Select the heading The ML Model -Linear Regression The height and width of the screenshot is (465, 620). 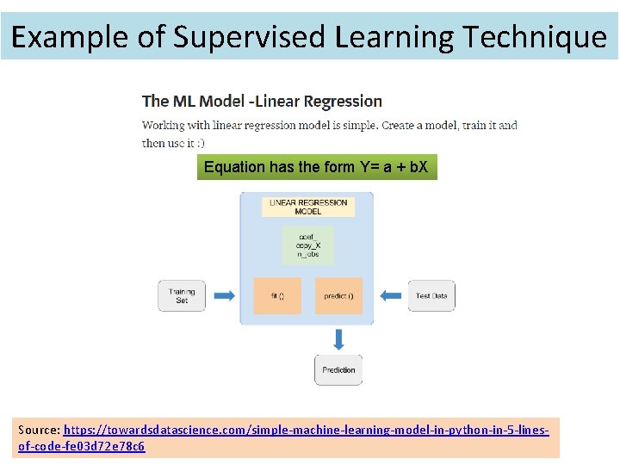[x=262, y=102]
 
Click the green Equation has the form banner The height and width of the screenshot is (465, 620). [x=316, y=167]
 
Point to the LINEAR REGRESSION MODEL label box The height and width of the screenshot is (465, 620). [x=307, y=207]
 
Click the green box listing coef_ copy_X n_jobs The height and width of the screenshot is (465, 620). [x=307, y=245]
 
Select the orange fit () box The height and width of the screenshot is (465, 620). [x=277, y=295]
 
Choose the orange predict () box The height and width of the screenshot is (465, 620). [x=338, y=295]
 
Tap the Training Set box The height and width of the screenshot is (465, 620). [x=182, y=295]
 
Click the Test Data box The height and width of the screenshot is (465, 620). [x=431, y=295]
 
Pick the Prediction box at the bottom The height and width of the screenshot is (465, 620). [x=338, y=369]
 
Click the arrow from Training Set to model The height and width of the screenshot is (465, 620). [x=224, y=295]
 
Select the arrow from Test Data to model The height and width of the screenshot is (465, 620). [x=392, y=295]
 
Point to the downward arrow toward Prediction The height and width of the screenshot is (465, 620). [x=338, y=338]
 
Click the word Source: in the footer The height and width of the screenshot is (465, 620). [x=39, y=429]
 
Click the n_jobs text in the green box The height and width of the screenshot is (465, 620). [x=307, y=255]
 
